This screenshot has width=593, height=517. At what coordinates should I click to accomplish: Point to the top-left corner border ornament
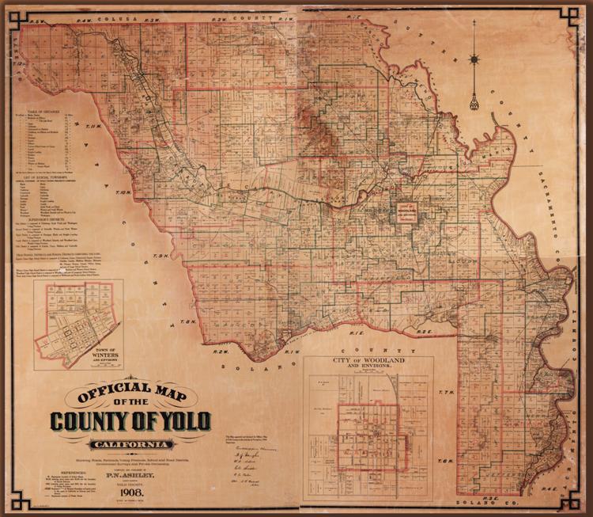[10, 12]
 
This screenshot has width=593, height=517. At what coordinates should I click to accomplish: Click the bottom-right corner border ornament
[580, 504]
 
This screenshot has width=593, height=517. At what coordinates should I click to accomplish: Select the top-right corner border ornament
[580, 12]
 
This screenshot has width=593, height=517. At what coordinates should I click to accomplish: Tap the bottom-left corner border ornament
[10, 504]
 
